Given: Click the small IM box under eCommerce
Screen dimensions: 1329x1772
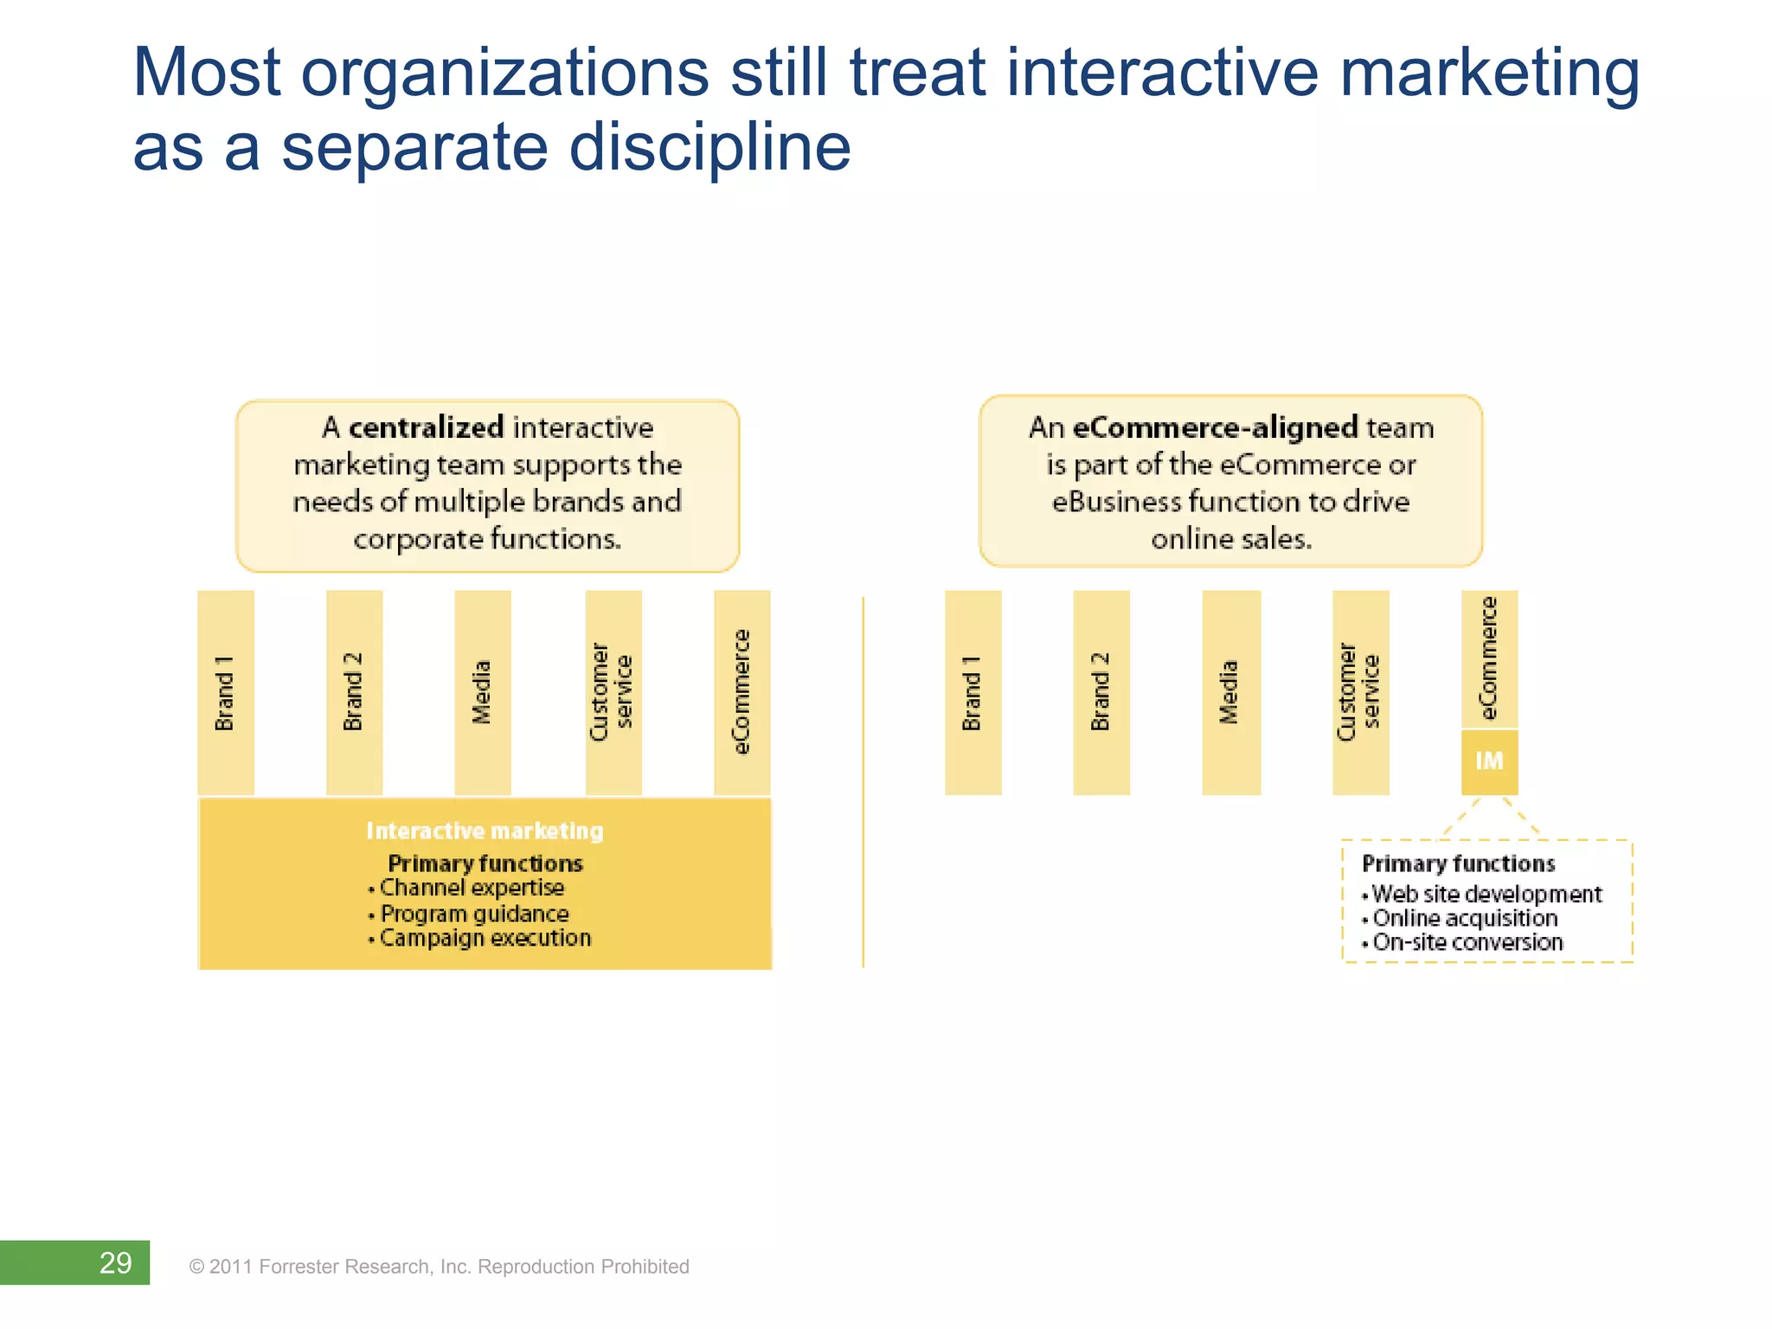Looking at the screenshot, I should click(x=1489, y=761).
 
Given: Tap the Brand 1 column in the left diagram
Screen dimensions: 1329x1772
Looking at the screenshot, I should click(x=225, y=692).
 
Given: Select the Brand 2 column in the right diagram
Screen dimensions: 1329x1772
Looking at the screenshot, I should click(x=1101, y=692).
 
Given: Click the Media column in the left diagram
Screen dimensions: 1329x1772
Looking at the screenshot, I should click(x=482, y=692).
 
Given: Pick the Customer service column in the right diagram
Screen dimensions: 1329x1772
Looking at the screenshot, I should click(x=1360, y=692).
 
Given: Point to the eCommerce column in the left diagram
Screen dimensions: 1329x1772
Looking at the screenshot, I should click(x=742, y=692).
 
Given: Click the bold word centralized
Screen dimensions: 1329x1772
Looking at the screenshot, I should click(x=426, y=427).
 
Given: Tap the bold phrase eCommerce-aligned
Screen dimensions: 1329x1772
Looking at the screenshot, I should click(x=1215, y=427).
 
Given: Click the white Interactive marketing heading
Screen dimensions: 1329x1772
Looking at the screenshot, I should click(x=485, y=831).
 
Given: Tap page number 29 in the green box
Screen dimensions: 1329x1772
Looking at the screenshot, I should click(x=115, y=1263).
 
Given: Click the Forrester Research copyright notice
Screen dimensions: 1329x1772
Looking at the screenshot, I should click(x=440, y=1267).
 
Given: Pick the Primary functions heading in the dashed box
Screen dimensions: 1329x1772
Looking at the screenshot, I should click(x=1458, y=864).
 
